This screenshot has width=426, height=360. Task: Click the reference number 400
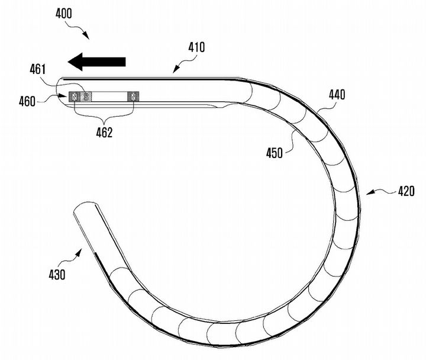[63, 14]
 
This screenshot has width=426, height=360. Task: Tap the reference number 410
[196, 47]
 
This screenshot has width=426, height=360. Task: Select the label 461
[38, 70]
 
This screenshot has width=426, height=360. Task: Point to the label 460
[27, 102]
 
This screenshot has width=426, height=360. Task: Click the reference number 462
[104, 133]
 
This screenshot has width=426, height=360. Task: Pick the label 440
[337, 95]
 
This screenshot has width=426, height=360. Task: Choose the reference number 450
[275, 153]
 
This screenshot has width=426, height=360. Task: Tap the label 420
[406, 191]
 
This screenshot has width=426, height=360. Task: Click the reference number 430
[57, 275]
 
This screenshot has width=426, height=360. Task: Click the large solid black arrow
[96, 62]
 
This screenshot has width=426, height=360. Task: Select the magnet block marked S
[86, 97]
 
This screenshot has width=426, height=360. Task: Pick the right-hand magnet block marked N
[133, 97]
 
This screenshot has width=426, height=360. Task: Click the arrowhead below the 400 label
[85, 36]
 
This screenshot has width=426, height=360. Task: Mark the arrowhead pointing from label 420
[370, 193]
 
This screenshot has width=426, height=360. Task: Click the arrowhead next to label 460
[63, 96]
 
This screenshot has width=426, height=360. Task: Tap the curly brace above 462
[104, 116]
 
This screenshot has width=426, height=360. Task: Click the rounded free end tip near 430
[82, 205]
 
